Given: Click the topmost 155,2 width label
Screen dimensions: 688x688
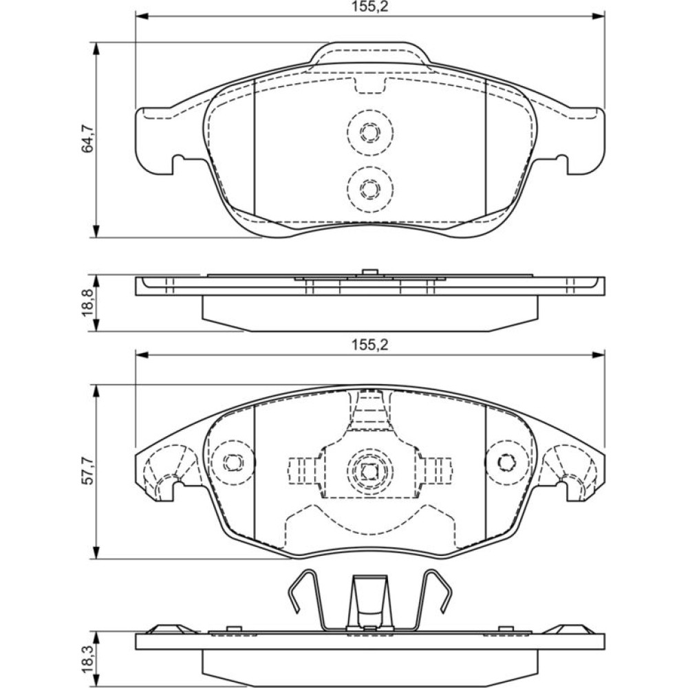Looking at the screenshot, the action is click(369, 7).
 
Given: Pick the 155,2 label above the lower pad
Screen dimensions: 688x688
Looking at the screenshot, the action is click(369, 345).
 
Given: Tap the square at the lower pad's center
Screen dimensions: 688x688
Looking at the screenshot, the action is click(370, 471).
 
